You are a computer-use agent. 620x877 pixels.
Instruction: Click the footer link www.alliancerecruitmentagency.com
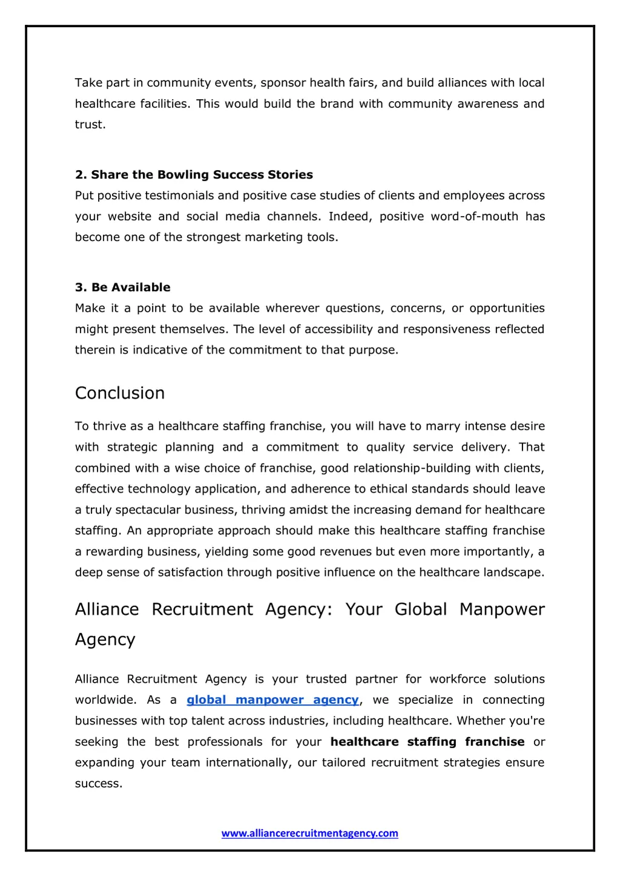coord(309,833)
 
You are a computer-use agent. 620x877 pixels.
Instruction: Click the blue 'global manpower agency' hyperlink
coord(272,700)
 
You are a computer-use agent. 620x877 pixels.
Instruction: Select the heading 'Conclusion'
coord(120,393)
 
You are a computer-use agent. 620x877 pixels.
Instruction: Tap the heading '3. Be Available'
coord(122,287)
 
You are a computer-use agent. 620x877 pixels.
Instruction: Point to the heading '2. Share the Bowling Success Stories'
coord(194,174)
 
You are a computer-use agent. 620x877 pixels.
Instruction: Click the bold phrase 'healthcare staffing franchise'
coord(427,741)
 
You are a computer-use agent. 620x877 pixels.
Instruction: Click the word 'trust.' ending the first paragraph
coord(90,124)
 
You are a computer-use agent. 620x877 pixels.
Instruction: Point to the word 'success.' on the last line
coord(99,783)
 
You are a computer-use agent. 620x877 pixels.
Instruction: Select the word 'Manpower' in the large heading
coord(502,609)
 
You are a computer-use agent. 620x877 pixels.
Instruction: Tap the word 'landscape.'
coord(513,573)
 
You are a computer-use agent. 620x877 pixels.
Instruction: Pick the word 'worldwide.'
coord(104,700)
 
